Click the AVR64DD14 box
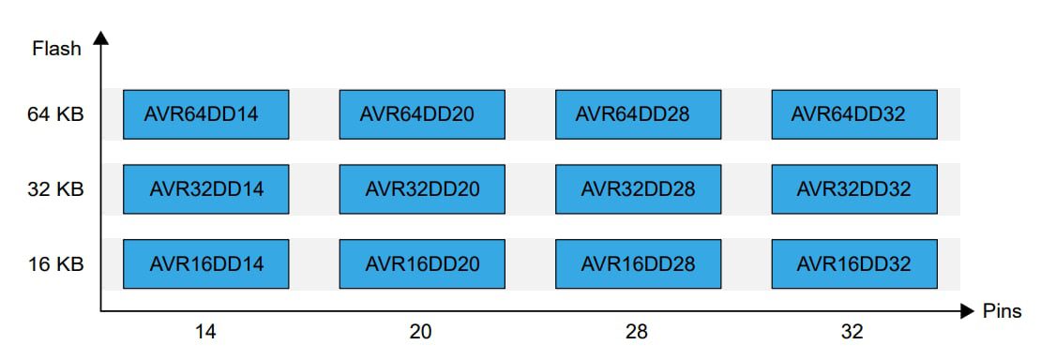tap(205, 114)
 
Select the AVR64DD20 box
tap(422, 114)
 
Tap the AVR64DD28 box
tap(638, 114)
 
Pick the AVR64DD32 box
tap(853, 114)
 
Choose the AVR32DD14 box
tap(205, 189)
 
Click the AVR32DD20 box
tap(422, 189)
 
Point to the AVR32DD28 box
tap(638, 189)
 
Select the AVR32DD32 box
tap(853, 189)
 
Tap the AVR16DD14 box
tap(205, 264)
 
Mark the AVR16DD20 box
tap(422, 264)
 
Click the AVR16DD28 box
tap(638, 264)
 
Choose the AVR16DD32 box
tap(853, 264)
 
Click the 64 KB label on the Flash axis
tap(55, 114)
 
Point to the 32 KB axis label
tap(55, 189)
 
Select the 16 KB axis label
tap(55, 264)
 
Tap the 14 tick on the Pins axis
tap(205, 332)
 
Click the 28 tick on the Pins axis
tap(637, 332)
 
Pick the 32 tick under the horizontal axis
tap(852, 332)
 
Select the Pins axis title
tap(1002, 311)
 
